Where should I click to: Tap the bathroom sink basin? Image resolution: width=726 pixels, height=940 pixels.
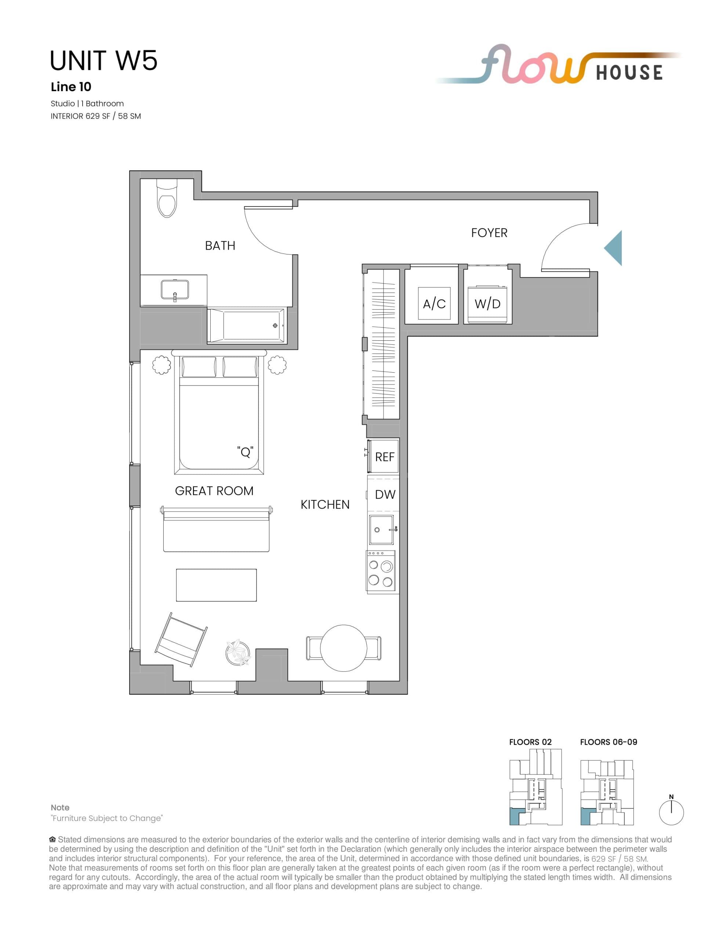[x=175, y=290]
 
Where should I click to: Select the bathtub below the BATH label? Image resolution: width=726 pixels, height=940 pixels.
[x=246, y=325]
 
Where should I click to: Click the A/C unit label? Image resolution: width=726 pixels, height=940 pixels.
[x=434, y=304]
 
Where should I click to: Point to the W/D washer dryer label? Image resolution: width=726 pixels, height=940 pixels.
[x=487, y=304]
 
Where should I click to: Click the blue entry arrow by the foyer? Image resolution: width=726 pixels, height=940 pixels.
[x=614, y=248]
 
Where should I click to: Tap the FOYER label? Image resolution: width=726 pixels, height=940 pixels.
[x=489, y=233]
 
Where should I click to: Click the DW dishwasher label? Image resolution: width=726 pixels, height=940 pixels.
[x=385, y=495]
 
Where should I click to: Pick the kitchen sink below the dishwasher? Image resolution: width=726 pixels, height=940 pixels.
[x=381, y=529]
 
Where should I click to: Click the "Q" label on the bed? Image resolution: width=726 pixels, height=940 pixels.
[x=245, y=452]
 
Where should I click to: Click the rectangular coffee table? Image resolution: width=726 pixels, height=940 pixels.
[x=216, y=585]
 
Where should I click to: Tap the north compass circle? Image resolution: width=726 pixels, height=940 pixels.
[x=671, y=813]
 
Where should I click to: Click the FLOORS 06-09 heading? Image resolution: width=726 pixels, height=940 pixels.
[x=608, y=742]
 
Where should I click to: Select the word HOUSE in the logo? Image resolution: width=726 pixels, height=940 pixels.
[x=629, y=73]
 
